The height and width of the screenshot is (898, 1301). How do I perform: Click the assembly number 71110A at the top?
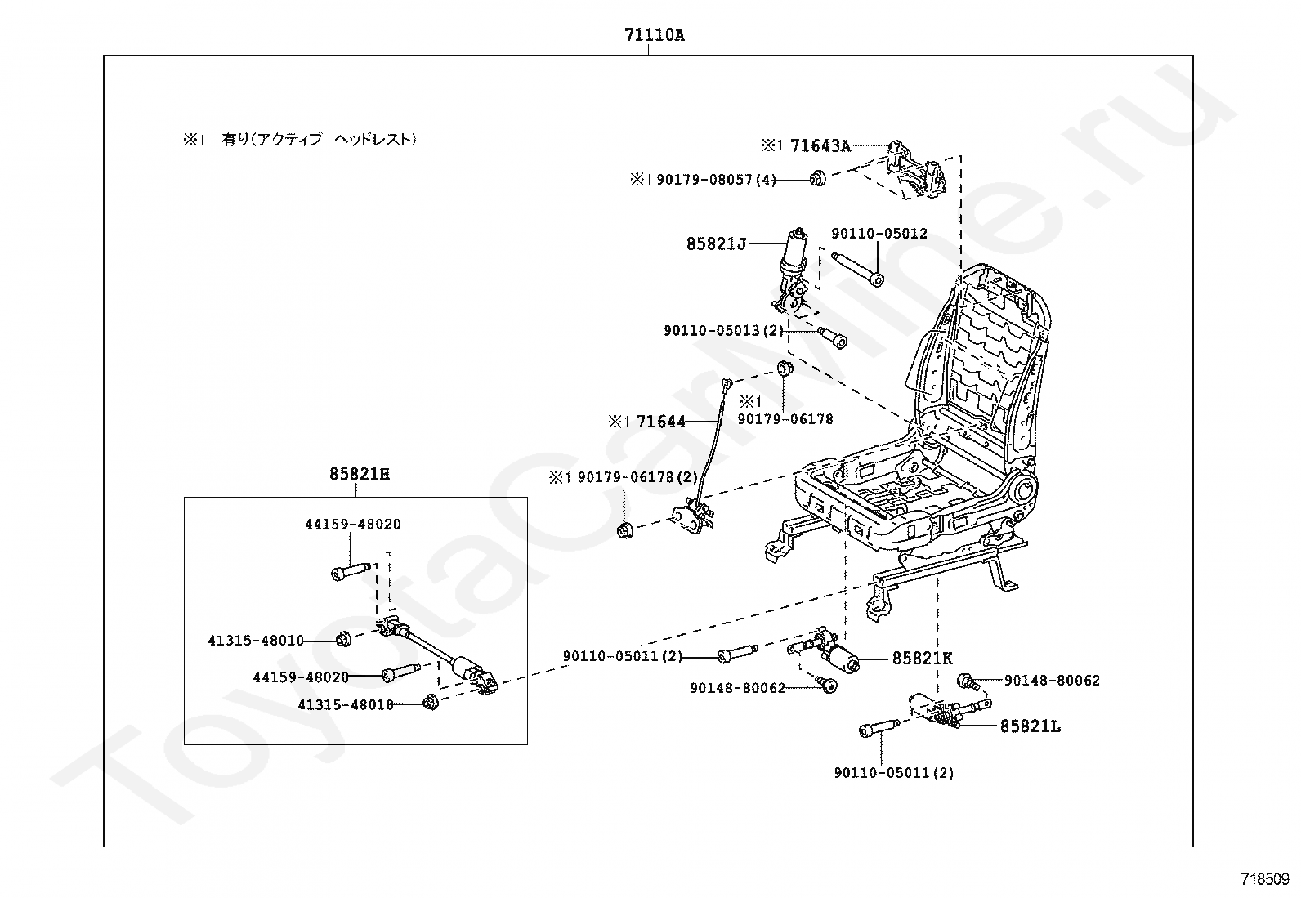[654, 35]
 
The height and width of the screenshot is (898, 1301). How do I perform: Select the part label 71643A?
[820, 145]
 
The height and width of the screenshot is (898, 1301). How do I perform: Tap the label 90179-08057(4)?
[716, 180]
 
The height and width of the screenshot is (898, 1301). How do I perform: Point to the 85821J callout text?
[716, 244]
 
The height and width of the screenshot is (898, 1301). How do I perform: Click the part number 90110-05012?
[879, 234]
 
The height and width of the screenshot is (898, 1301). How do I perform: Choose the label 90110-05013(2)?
[724, 330]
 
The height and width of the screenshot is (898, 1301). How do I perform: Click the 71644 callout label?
[661, 422]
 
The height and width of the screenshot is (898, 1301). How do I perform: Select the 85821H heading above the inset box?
[360, 474]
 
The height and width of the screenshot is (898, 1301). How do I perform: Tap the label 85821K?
[923, 658]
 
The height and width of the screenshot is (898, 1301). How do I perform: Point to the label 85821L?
[1030, 726]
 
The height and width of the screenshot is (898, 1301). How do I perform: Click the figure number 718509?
[1265, 879]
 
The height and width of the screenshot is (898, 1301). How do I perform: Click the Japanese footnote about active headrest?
[300, 140]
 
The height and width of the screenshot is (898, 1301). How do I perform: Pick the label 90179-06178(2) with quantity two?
[637, 477]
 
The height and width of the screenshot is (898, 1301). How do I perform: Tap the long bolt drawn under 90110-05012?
[857, 270]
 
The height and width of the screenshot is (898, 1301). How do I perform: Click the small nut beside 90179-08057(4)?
[818, 178]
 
